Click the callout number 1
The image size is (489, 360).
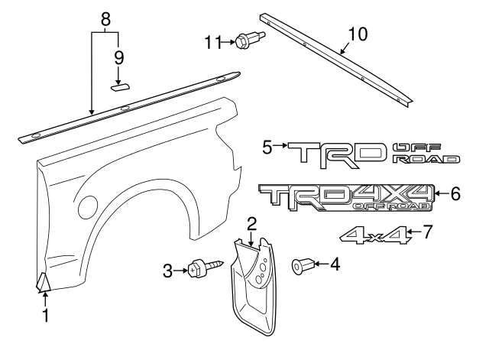point(44,315)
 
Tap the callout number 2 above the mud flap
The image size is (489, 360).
point(251,224)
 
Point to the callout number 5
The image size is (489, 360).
point(267,146)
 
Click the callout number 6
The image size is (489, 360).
point(455,194)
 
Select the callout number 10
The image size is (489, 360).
point(358,34)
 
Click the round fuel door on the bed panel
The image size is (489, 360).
point(89,206)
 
